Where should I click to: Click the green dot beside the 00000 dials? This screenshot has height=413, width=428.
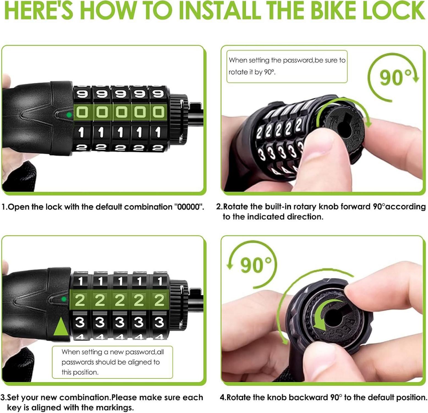coord(69,115)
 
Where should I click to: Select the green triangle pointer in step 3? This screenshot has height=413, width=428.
coord(61,326)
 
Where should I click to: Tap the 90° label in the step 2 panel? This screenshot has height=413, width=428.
coord(396,77)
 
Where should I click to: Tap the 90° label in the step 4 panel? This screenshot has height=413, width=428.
coord(256,265)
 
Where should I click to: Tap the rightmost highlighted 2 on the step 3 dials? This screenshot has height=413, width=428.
coord(159,300)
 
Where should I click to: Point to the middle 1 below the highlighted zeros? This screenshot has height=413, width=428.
coord(120,132)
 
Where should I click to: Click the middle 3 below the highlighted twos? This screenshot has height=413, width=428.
coord(119,322)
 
